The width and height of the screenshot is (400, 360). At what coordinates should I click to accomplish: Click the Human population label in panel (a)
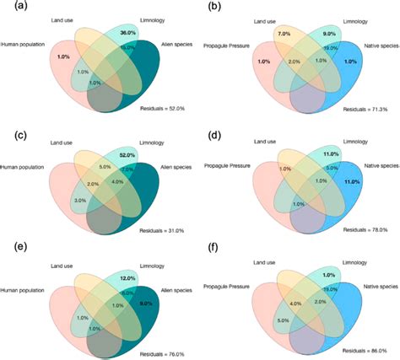(x=24, y=42)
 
